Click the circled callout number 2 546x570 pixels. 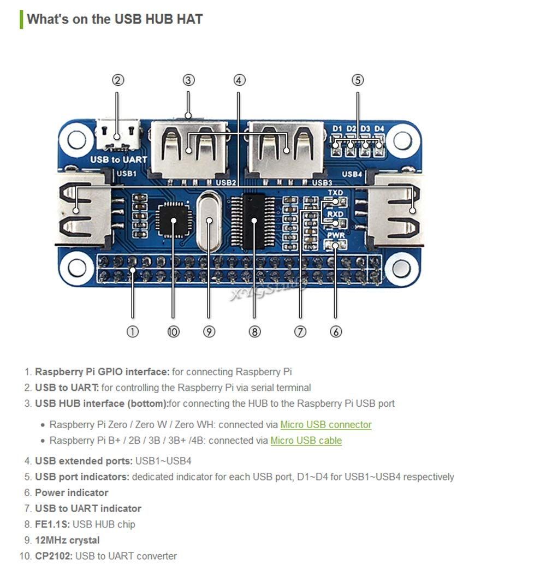pos(118,80)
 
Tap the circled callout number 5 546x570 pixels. pos(358,80)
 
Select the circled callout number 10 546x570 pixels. pos(173,331)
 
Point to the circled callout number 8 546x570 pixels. pos(254,331)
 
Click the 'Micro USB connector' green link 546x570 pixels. pos(326,424)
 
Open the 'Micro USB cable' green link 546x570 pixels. pos(306,440)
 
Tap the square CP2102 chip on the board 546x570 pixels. pos(173,219)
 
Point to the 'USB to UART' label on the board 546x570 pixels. pos(119,159)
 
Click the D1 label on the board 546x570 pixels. pos(337,129)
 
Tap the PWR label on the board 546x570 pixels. pos(335,235)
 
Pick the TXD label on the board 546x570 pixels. pos(335,193)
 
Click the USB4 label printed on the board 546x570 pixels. pos(352,174)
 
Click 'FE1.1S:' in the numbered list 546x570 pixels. pos(52,524)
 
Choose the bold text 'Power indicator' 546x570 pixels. pos(72,492)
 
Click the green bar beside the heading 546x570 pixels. pos(21,19)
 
